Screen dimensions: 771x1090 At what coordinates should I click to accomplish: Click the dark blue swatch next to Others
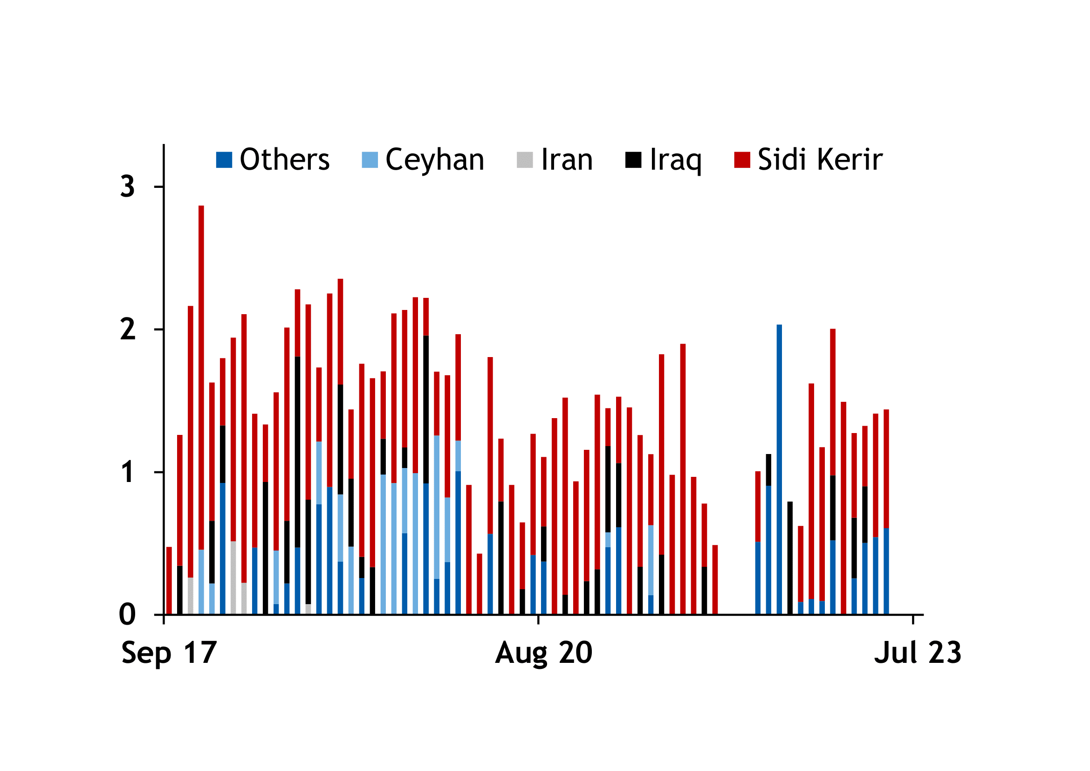[224, 160]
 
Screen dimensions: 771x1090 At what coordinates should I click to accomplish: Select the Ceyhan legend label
[434, 160]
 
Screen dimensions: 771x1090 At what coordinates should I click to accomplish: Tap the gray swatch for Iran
[525, 160]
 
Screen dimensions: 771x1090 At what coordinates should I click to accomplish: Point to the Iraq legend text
[676, 160]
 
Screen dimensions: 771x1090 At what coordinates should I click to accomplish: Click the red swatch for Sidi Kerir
[742, 160]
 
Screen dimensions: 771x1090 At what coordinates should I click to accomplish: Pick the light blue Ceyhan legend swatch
[370, 160]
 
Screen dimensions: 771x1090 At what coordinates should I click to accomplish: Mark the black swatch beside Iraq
[633, 160]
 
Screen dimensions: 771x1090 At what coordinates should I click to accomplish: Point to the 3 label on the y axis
[128, 186]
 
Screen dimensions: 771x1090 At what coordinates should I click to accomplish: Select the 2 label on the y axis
[128, 330]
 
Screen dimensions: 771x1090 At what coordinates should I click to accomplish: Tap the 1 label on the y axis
[128, 472]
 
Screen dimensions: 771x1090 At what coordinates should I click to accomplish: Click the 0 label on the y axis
[127, 615]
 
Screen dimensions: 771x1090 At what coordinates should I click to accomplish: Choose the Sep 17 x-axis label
[169, 653]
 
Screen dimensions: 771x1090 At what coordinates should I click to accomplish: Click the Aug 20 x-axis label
[543, 653]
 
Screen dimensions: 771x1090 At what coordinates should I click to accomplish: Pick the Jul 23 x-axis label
[917, 653]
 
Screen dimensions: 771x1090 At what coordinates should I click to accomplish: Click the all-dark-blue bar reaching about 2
[779, 470]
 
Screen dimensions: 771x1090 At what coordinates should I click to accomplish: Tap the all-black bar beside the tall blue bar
[790, 558]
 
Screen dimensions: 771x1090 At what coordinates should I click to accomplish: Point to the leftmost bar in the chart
[169, 581]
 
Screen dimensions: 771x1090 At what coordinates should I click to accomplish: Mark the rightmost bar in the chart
[886, 513]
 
